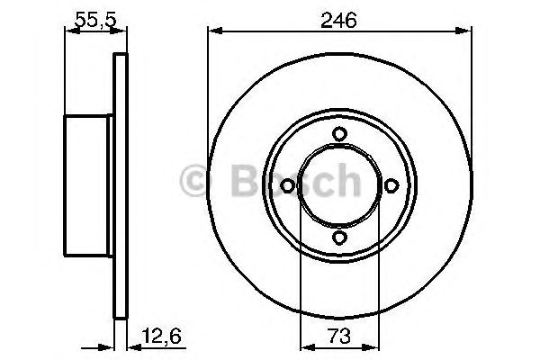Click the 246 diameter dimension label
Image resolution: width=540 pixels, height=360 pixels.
[x=339, y=17]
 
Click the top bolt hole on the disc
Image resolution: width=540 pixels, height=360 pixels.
[x=339, y=135]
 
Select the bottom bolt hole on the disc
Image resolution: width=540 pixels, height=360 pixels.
[x=339, y=238]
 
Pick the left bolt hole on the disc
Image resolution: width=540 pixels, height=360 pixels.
[x=288, y=186]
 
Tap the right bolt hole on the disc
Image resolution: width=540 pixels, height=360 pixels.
[x=391, y=186]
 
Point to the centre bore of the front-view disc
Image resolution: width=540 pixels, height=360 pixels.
[x=339, y=186]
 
